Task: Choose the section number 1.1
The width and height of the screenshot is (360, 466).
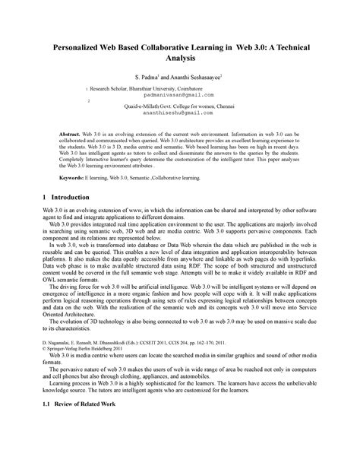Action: point(47,445)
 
